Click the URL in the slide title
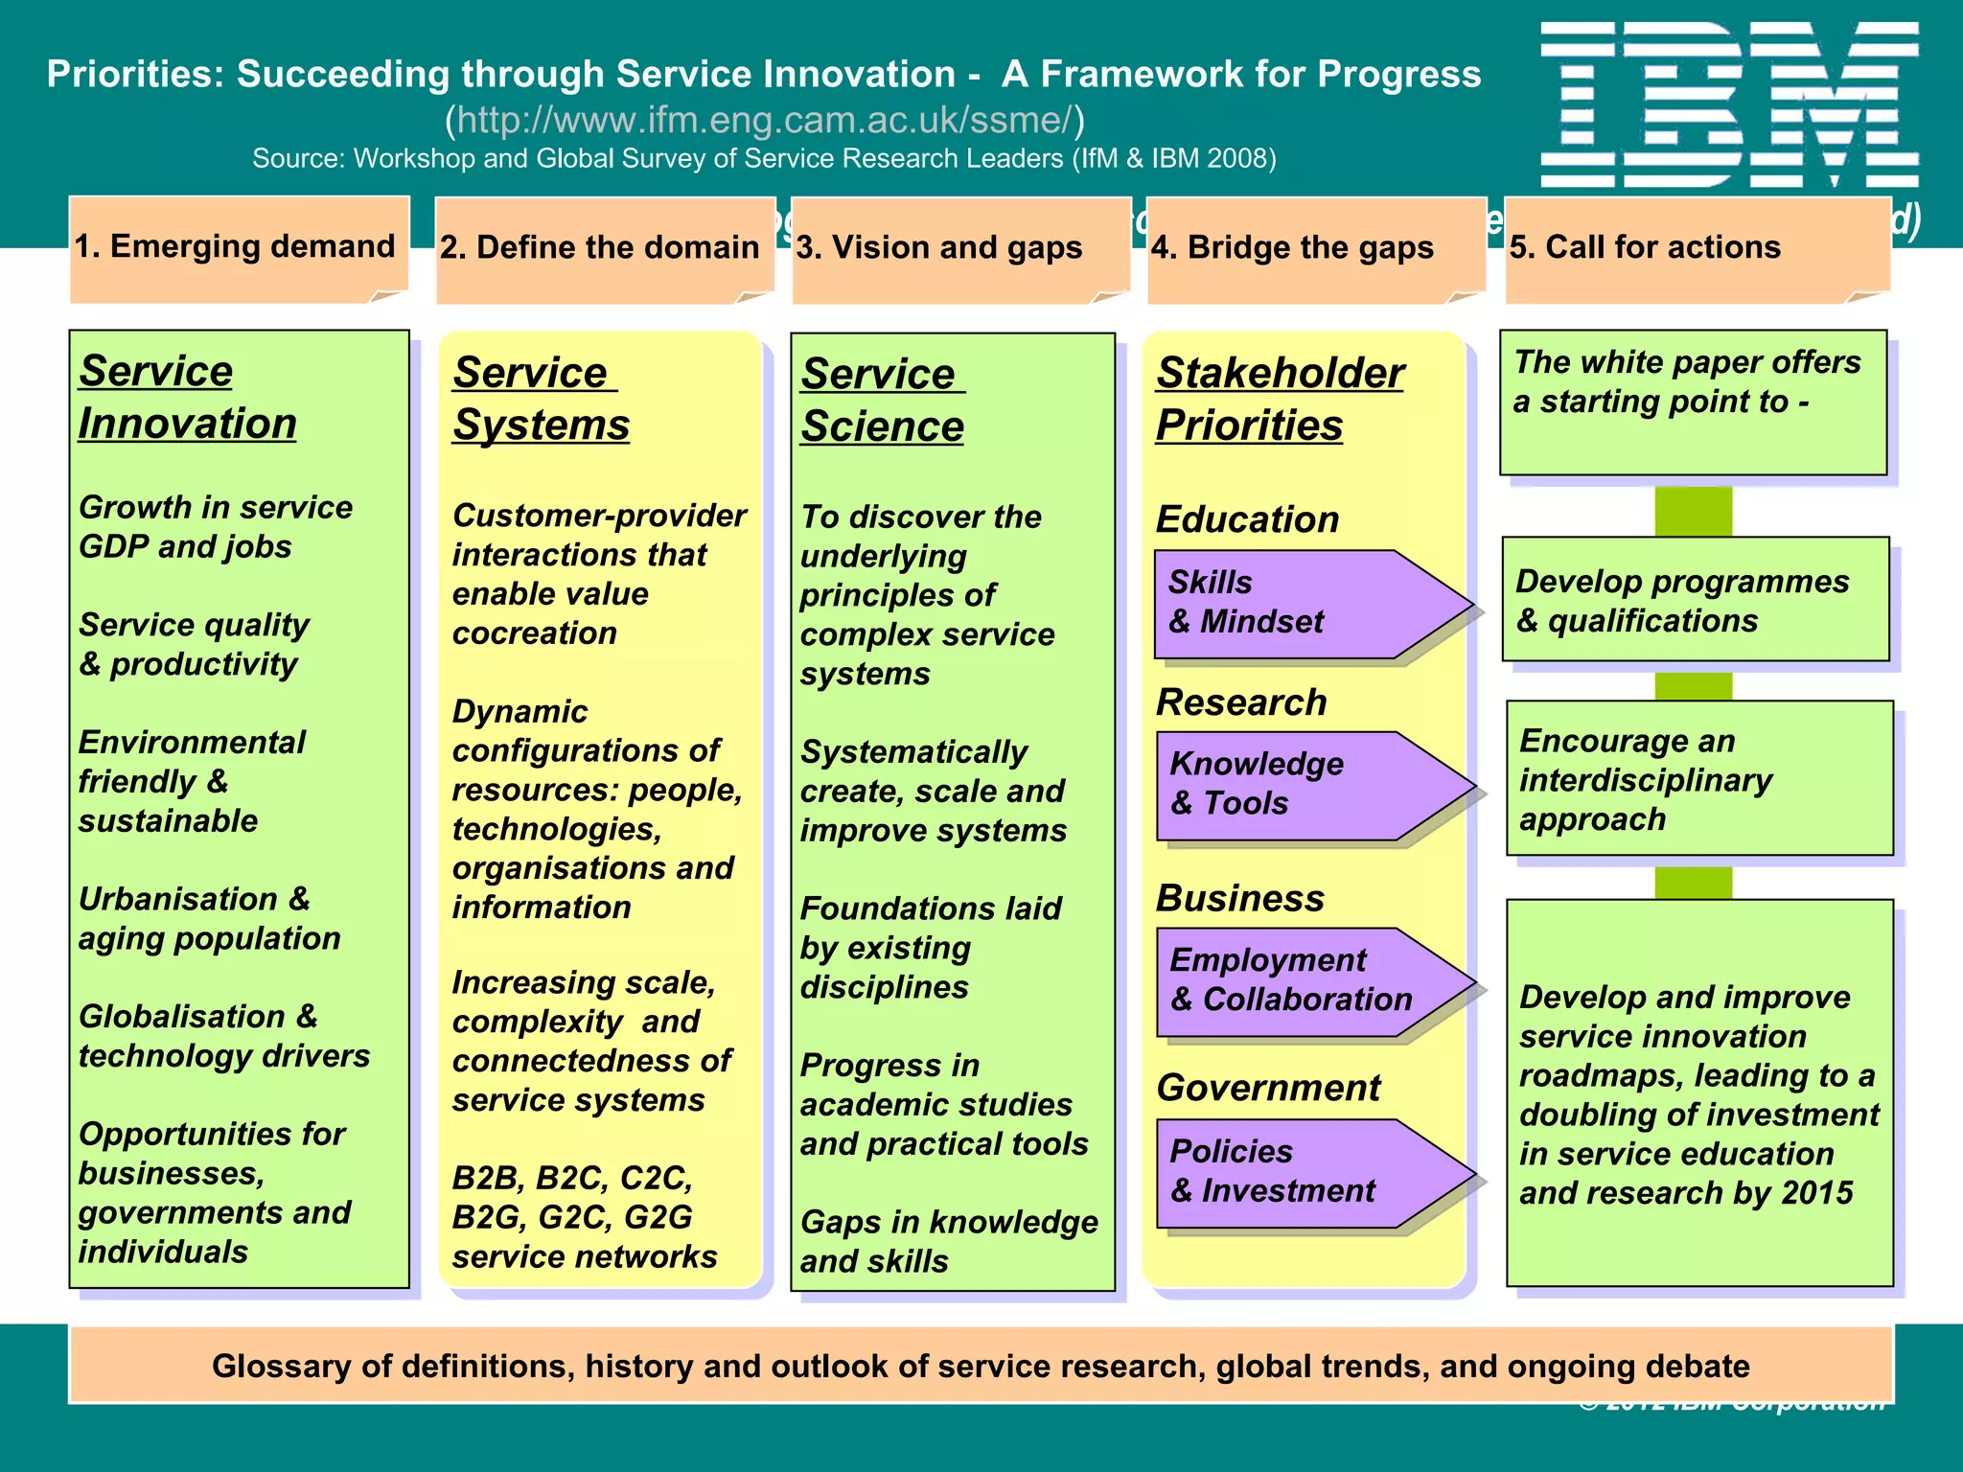(x=764, y=120)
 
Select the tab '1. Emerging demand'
(x=235, y=246)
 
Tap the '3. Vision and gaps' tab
(x=939, y=247)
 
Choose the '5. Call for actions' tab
(x=1645, y=247)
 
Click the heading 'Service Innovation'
(x=187, y=397)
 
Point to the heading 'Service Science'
(x=882, y=400)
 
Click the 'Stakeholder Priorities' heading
(x=1279, y=399)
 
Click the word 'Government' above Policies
(x=1267, y=1088)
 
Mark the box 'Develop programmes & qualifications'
(x=1695, y=600)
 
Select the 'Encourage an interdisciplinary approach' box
(x=1698, y=779)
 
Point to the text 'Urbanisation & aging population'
(x=209, y=918)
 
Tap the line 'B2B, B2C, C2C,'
(x=572, y=1177)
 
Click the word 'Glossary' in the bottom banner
(x=281, y=1366)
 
